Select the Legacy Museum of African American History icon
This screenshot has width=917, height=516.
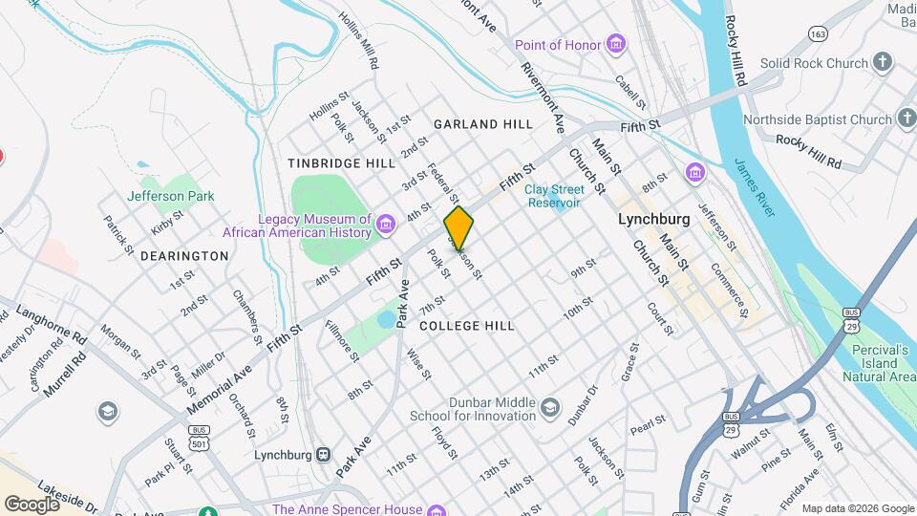(x=386, y=225)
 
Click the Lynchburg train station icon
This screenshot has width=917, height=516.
(x=324, y=455)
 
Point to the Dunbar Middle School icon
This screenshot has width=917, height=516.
(x=549, y=409)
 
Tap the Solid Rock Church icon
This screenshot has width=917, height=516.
(x=883, y=63)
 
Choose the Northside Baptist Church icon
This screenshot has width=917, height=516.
(x=906, y=119)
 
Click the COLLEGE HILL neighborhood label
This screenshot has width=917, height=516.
(x=467, y=326)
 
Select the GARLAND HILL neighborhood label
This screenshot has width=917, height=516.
(x=482, y=124)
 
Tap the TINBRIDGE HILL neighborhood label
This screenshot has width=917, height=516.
(x=341, y=163)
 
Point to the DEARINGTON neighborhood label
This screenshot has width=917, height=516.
(x=184, y=256)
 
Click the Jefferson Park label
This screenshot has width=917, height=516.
(x=171, y=196)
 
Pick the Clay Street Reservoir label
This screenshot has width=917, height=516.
(x=553, y=196)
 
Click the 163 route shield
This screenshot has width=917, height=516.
(x=817, y=32)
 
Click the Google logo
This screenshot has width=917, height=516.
(x=31, y=504)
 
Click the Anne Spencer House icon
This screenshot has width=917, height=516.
(x=436, y=509)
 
